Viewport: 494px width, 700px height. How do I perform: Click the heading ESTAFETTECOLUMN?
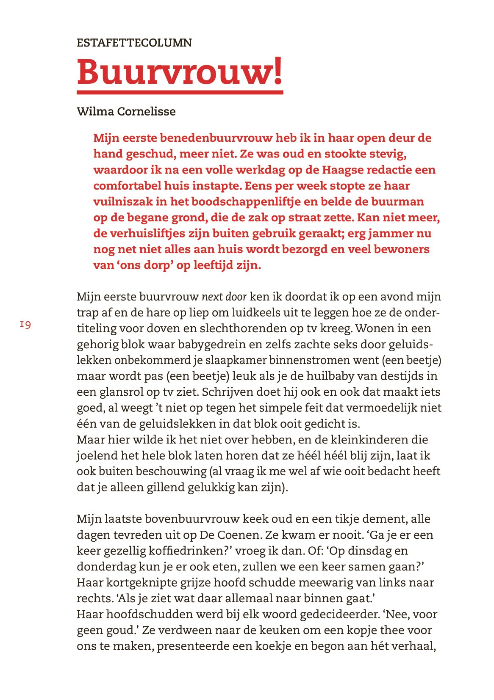coord(134,43)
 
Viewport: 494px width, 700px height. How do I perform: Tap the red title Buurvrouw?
coord(180,71)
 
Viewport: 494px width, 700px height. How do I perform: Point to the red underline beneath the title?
coord(180,92)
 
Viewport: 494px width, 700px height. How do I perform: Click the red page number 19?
coord(25,325)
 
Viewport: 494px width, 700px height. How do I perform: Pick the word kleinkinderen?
coord(380,440)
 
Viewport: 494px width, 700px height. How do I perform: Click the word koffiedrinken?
coord(189,551)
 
